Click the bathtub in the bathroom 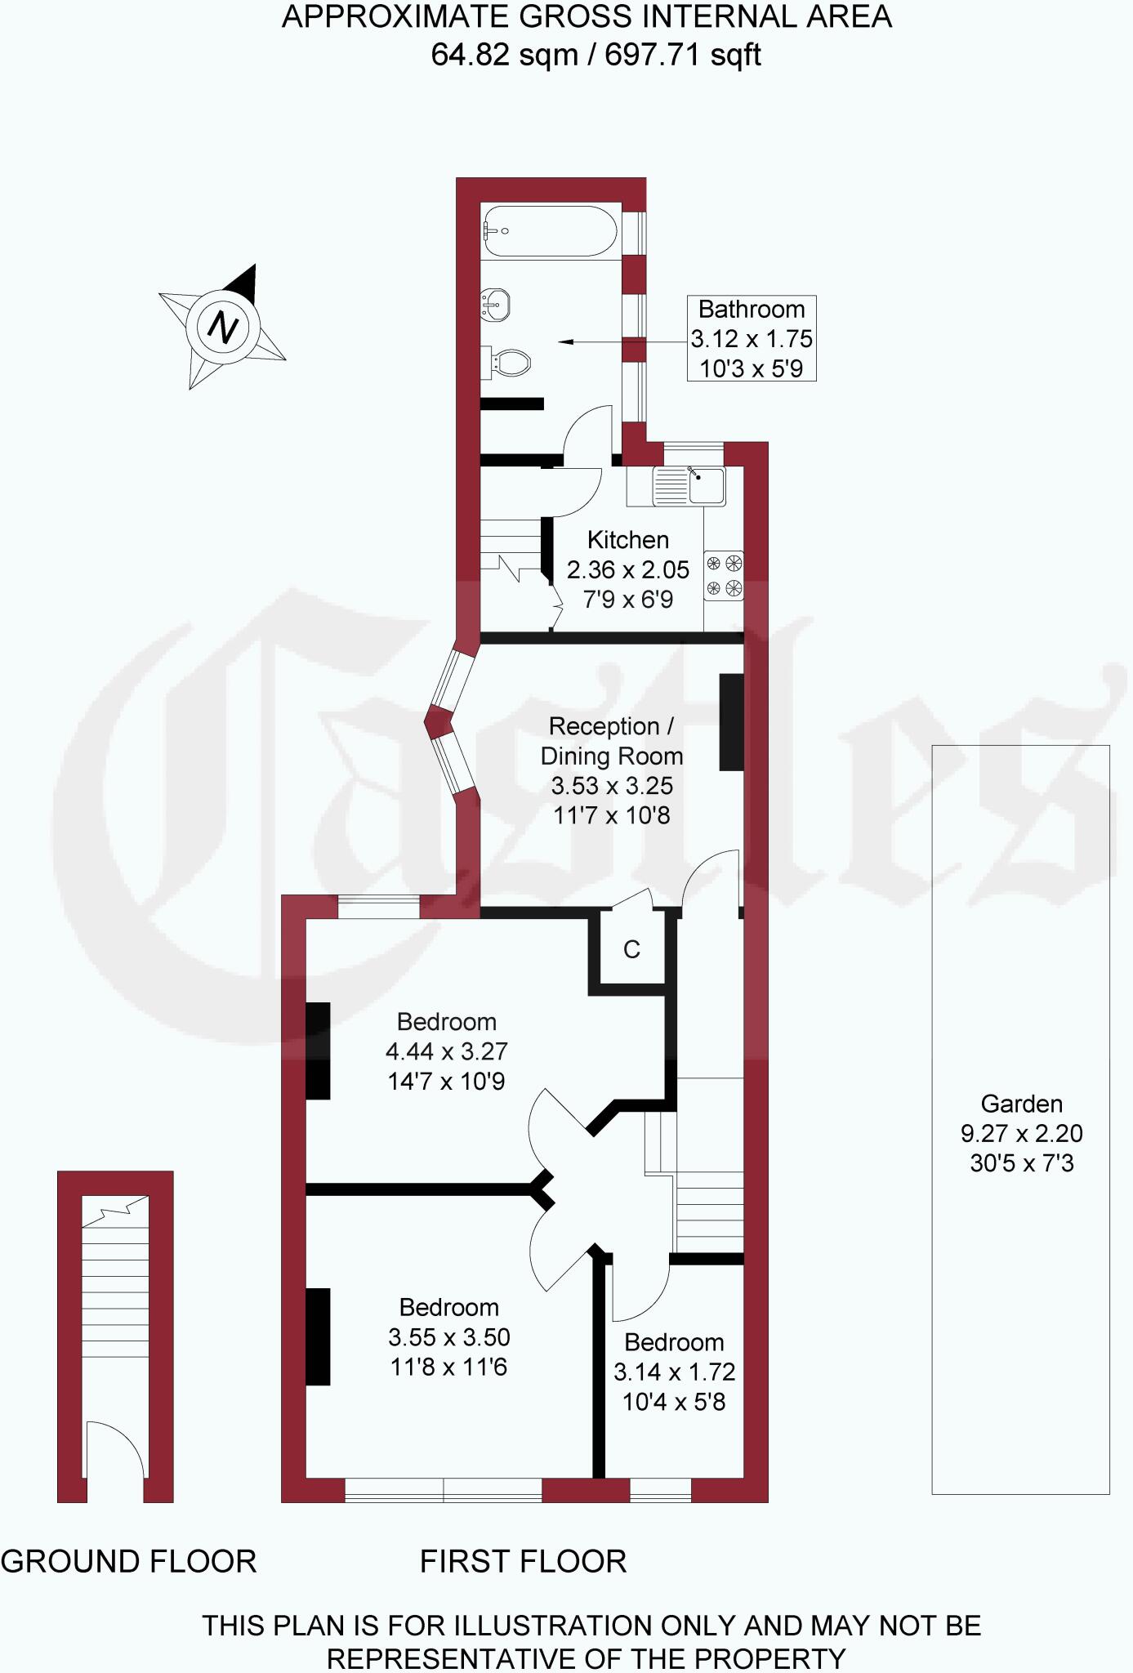point(551,231)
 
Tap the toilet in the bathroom point(507,361)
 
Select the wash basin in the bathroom point(496,304)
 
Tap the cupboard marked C point(631,949)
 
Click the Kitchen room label point(628,540)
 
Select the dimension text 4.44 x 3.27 point(447,1051)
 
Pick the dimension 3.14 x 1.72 point(675,1372)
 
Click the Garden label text point(1022,1104)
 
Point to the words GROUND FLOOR point(129,1561)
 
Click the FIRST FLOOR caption point(524,1561)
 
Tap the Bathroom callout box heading point(752,310)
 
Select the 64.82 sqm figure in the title point(504,56)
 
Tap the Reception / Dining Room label point(612,741)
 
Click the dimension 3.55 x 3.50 point(449,1337)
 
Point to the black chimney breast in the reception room point(731,721)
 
